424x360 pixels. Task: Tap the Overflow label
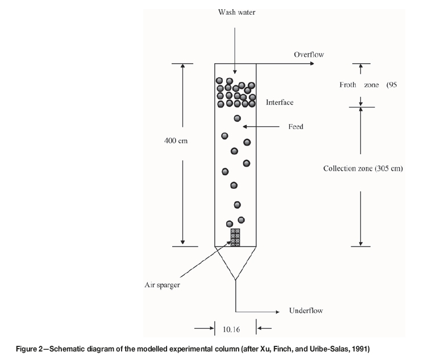[309, 55]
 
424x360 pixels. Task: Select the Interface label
[280, 102]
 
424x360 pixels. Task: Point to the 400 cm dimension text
[176, 141]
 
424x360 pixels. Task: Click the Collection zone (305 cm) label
[363, 168]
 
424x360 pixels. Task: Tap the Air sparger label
[162, 285]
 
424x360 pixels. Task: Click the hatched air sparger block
[235, 237]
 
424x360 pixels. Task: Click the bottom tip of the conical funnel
[235, 280]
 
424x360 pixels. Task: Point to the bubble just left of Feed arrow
[238, 118]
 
